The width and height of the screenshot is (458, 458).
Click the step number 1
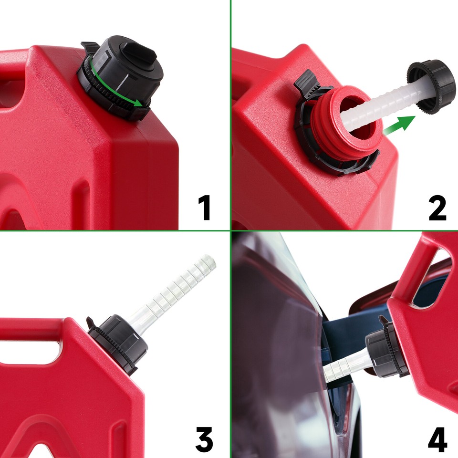[x=205, y=208]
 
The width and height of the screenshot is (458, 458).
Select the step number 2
[x=437, y=208]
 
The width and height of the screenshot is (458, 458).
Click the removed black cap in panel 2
[x=432, y=85]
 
